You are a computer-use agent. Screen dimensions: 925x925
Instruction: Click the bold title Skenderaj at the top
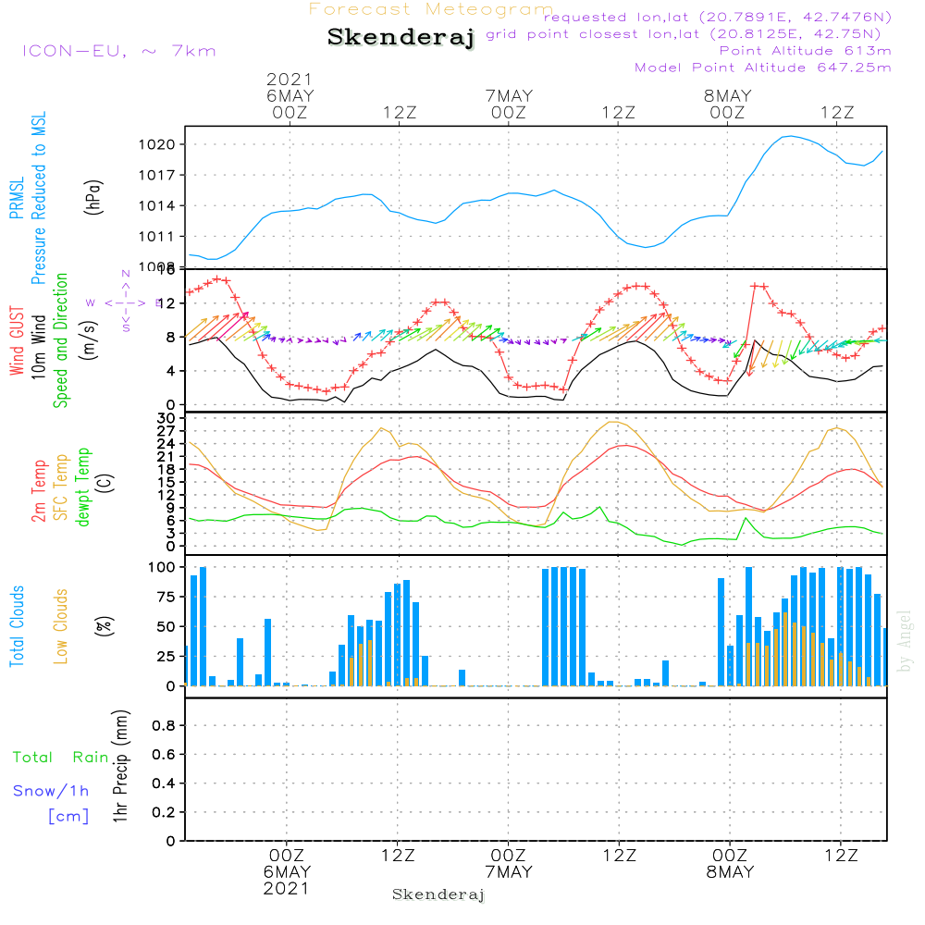click(x=401, y=37)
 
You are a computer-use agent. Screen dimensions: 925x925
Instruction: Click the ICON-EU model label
click(x=118, y=51)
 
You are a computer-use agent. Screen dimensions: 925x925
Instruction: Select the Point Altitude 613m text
click(x=805, y=51)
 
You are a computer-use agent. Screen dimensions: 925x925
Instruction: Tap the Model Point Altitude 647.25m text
click(x=763, y=68)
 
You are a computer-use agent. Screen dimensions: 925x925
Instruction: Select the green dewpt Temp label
click(x=84, y=487)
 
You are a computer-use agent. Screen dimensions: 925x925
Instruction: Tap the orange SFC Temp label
click(x=62, y=487)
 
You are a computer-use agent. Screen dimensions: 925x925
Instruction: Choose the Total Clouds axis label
click(x=17, y=626)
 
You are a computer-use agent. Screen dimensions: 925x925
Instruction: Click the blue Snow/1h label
click(x=51, y=791)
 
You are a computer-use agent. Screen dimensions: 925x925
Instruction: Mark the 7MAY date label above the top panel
click(x=509, y=96)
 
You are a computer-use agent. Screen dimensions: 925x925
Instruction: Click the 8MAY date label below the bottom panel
click(x=730, y=872)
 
